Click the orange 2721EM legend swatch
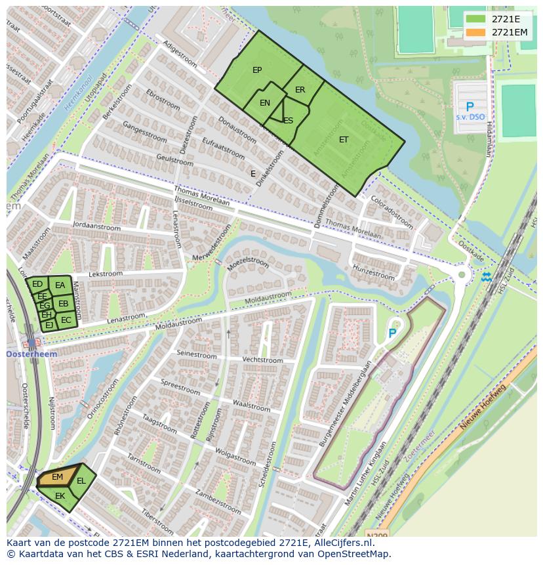coord(476,32)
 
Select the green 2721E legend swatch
coord(476,18)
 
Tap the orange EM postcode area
coord(57,477)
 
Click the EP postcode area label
coord(257,70)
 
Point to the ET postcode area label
coord(344,140)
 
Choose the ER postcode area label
coord(300,90)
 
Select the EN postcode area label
coord(265,103)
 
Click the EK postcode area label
coord(60,496)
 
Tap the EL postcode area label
coord(81,481)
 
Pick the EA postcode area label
coord(60,285)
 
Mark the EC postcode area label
coord(66,320)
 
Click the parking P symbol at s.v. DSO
coord(470,107)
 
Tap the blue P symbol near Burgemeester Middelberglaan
coord(392,333)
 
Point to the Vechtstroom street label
coord(262,360)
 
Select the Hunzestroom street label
coord(374,272)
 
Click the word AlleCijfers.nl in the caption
coord(343,543)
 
